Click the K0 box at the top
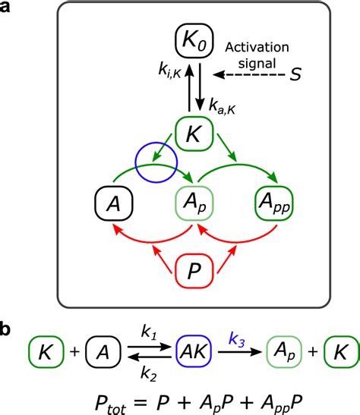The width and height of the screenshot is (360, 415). tap(194, 40)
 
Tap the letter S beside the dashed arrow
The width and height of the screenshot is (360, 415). tap(295, 74)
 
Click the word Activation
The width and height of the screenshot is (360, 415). tap(257, 47)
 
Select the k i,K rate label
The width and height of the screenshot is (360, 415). tap(169, 71)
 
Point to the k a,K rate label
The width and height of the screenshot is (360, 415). tap(222, 106)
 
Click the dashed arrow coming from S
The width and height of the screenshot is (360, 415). tap(248, 75)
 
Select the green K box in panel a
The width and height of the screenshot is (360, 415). tap(194, 134)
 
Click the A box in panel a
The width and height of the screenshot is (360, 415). tap(114, 203)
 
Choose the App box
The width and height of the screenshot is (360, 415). tap(274, 203)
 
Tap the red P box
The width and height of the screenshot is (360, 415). tap(194, 271)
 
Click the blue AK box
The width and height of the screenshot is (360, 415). tap(194, 352)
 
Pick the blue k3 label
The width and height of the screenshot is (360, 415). tap(236, 340)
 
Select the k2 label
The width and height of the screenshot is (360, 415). tap(149, 374)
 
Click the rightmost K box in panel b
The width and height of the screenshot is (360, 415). tap(342, 352)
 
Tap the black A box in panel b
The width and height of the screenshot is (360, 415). tap(103, 352)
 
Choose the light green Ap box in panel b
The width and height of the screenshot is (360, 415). tap(284, 352)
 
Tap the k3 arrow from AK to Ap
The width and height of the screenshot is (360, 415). tap(240, 352)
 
